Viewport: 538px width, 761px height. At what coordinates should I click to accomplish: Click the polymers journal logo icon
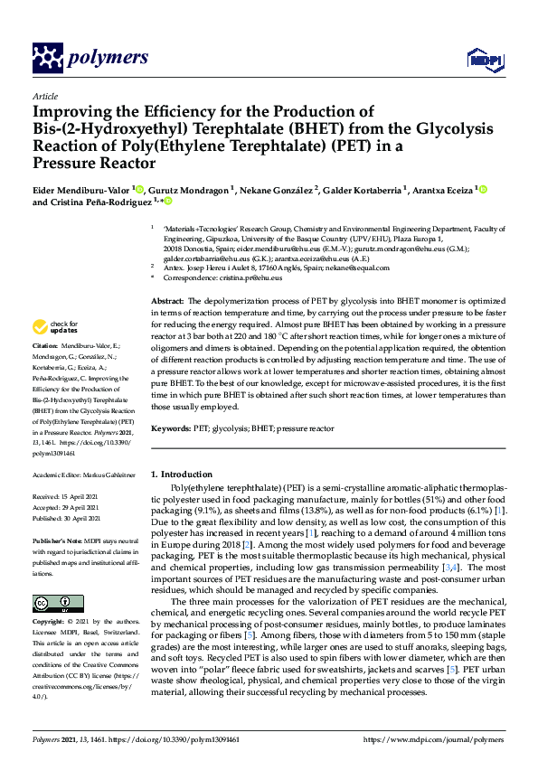47,59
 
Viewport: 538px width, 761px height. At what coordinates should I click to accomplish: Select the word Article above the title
44,96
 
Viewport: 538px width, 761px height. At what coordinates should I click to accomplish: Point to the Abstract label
166,300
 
